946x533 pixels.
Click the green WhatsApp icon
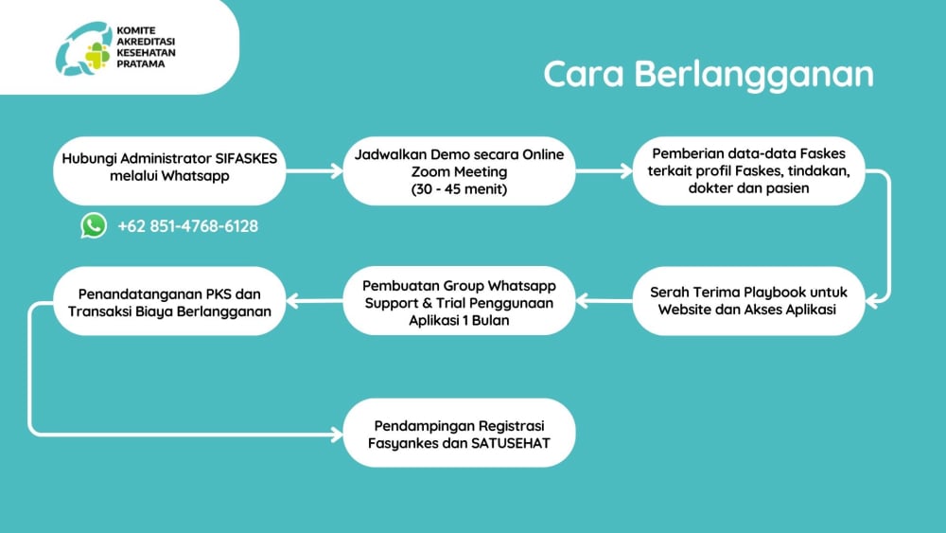pos(94,225)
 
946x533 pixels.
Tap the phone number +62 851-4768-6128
pos(187,225)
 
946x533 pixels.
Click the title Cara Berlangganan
pos(708,75)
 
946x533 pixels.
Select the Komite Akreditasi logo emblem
pos(84,47)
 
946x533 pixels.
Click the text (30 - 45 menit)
pos(460,188)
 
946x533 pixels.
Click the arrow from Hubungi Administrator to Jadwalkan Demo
pos(313,171)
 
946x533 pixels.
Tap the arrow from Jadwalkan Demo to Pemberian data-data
pos(604,171)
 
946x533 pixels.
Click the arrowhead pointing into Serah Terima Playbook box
pos(876,301)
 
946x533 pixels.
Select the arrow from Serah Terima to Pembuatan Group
pos(604,301)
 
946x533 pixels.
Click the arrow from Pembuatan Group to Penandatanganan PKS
pos(313,301)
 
